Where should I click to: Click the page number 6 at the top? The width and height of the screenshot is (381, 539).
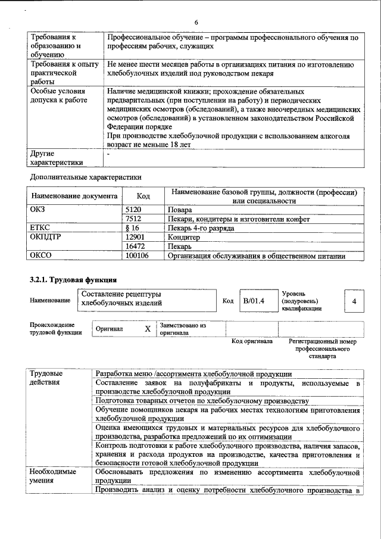(195, 23)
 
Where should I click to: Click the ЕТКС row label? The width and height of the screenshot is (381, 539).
(40, 228)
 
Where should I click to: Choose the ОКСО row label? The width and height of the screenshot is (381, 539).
(41, 256)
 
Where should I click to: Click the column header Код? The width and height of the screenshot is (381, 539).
(143, 196)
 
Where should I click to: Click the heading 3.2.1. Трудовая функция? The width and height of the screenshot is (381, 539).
(73, 279)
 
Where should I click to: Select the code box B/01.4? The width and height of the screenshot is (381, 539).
(253, 301)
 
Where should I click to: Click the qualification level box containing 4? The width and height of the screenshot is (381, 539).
(354, 301)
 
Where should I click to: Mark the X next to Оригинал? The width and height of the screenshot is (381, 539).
(148, 329)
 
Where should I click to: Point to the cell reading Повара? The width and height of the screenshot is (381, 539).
(180, 210)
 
